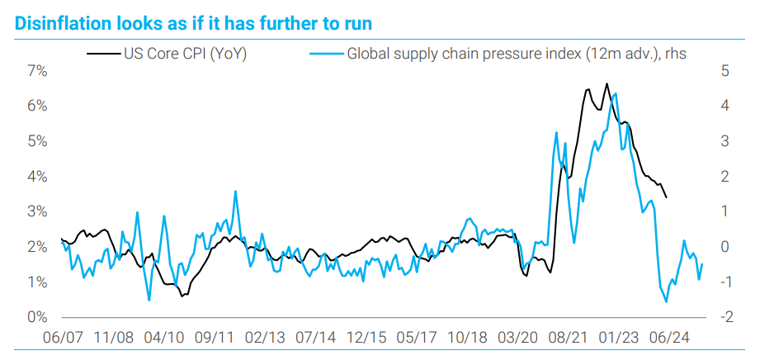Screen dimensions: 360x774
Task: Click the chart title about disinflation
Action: (194, 22)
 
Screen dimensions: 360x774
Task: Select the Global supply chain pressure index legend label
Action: (517, 54)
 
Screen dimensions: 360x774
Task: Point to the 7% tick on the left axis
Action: (37, 71)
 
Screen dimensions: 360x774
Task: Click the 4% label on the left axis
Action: (37, 177)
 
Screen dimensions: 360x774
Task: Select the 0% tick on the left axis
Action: (37, 317)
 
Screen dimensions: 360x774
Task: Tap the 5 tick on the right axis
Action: (724, 71)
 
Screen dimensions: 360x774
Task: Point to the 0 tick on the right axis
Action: (724, 247)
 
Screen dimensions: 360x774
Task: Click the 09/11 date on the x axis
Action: (215, 337)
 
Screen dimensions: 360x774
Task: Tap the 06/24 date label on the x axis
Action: (670, 337)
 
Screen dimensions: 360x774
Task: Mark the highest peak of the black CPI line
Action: (607, 83)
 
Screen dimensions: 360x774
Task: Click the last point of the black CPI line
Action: (667, 197)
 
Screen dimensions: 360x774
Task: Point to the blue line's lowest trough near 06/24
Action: (666, 301)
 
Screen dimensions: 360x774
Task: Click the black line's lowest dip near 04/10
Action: (182, 296)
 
